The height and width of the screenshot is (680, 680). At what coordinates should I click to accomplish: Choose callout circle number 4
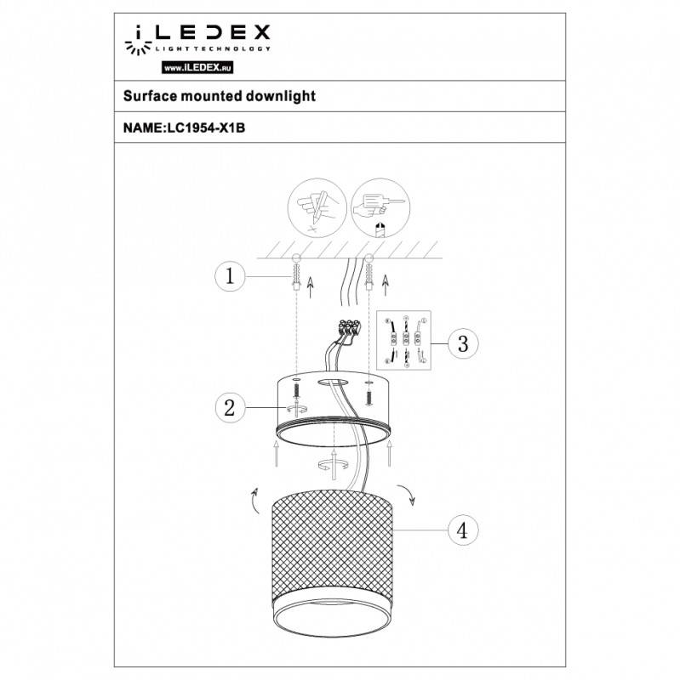[x=461, y=530]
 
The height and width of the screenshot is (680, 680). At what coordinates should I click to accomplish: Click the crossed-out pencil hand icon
[x=314, y=207]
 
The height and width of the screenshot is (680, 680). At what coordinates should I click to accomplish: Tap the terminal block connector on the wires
[x=347, y=326]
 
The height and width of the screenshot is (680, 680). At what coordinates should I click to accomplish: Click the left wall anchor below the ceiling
[x=295, y=274]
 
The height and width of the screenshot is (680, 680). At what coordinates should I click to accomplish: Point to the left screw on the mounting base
[x=296, y=392]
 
